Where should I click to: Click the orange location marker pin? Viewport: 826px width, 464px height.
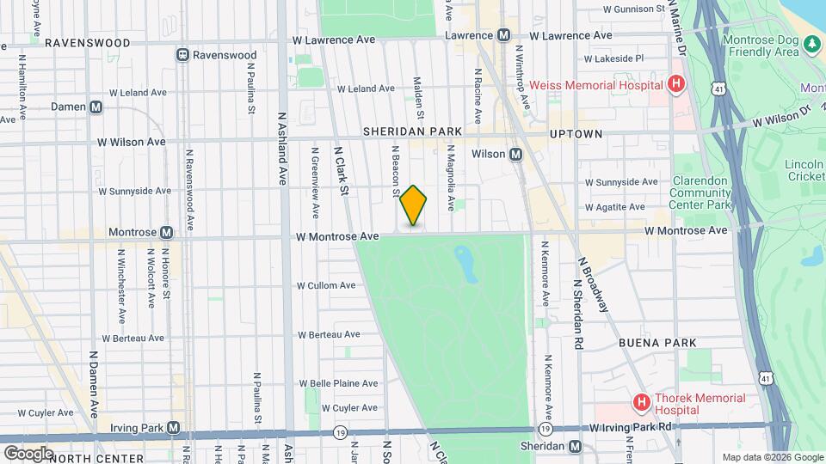tap(414, 205)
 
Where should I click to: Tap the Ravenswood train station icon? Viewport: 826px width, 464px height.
tap(182, 55)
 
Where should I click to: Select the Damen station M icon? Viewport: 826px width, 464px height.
tap(96, 107)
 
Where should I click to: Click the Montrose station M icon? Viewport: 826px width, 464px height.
tap(166, 232)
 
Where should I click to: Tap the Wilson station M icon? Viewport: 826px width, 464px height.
tap(516, 154)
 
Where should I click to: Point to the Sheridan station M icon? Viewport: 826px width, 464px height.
tap(576, 446)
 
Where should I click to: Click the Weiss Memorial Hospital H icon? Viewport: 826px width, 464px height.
tap(676, 84)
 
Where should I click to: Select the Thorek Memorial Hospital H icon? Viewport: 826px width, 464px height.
tap(641, 401)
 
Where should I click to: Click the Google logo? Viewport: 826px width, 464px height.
tap(28, 453)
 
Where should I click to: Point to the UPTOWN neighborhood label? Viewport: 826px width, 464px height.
tap(576, 134)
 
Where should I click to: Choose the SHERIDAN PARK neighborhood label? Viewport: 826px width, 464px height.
tap(412, 131)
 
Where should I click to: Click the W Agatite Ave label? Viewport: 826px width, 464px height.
tap(614, 207)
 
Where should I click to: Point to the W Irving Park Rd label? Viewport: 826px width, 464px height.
tap(631, 427)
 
